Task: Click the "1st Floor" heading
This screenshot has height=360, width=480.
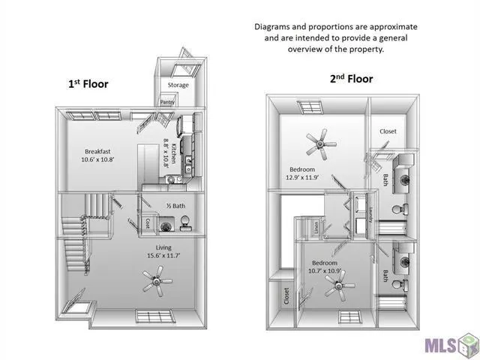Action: pyautogui.click(x=88, y=84)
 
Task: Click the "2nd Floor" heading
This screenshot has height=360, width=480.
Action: pyautogui.click(x=351, y=79)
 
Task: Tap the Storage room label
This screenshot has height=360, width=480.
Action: pyautogui.click(x=178, y=85)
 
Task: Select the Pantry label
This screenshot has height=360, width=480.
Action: pyautogui.click(x=166, y=103)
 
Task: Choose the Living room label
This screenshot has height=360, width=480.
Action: pyautogui.click(x=163, y=247)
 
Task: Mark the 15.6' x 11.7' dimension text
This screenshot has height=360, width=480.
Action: pyautogui.click(x=163, y=256)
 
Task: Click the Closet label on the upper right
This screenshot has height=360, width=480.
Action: pyautogui.click(x=388, y=131)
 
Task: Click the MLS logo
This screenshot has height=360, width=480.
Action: pyautogui.click(x=448, y=345)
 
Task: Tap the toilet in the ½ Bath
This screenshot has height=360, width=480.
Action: pyautogui.click(x=184, y=220)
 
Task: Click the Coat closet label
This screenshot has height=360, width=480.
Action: pyautogui.click(x=148, y=223)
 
